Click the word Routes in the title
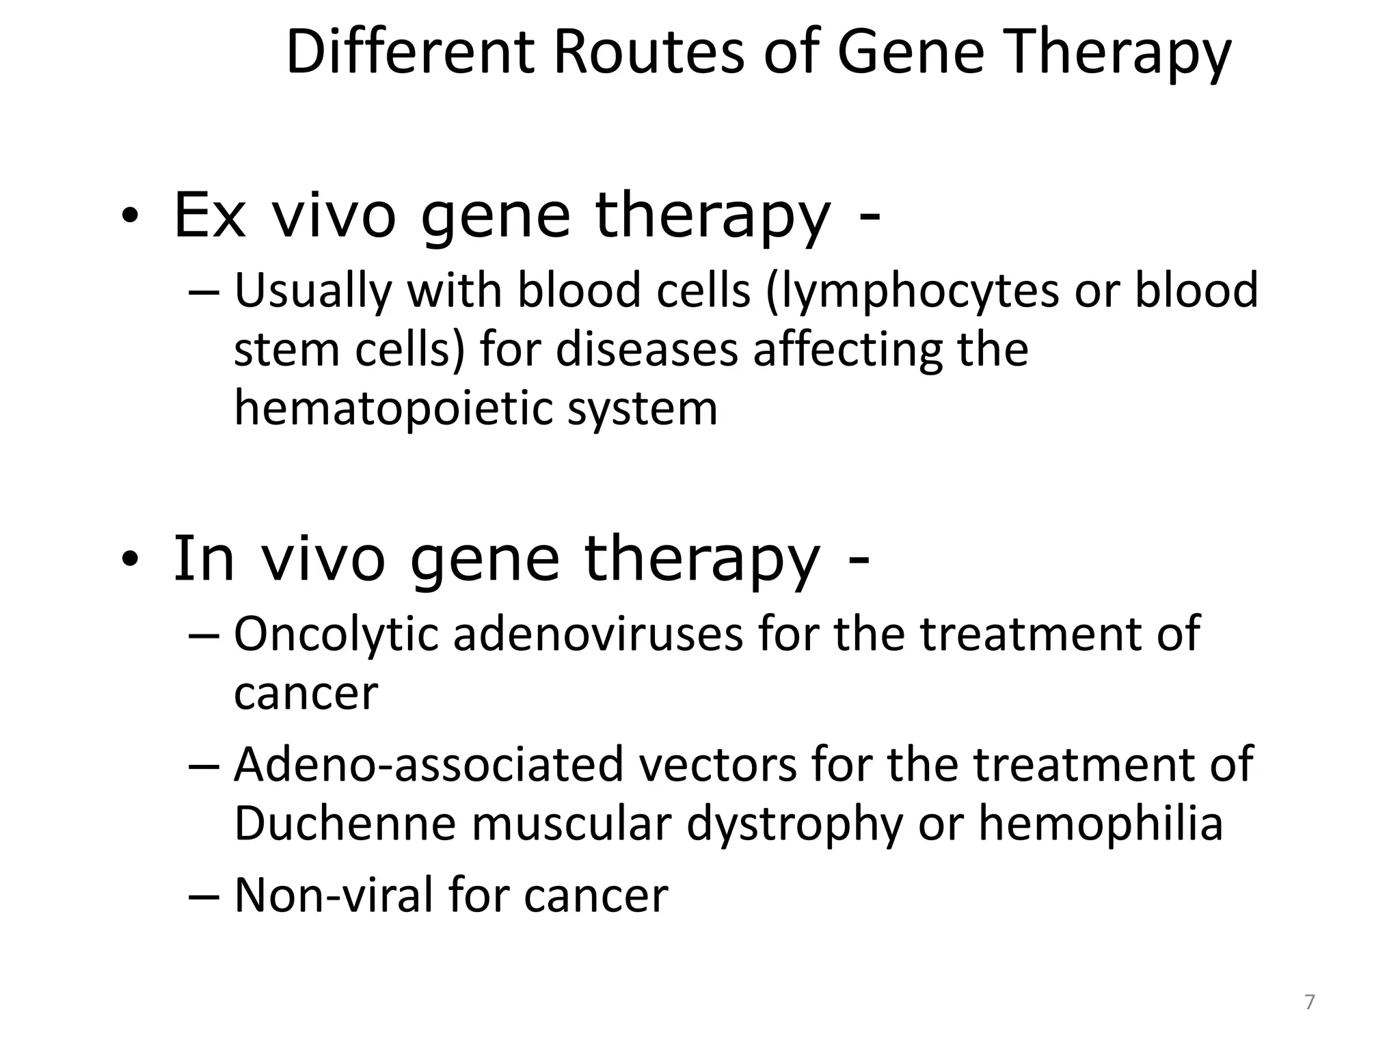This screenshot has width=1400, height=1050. [648, 53]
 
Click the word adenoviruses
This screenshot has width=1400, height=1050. [597, 634]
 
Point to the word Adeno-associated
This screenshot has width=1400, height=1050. [429, 764]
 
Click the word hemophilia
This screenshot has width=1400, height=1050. [1101, 824]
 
